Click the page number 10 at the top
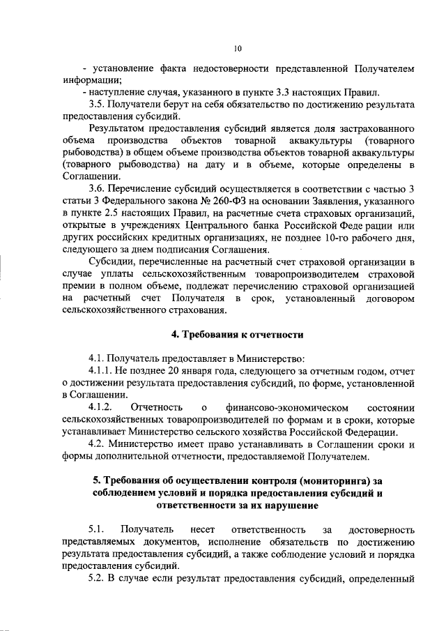[x=237, y=48]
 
